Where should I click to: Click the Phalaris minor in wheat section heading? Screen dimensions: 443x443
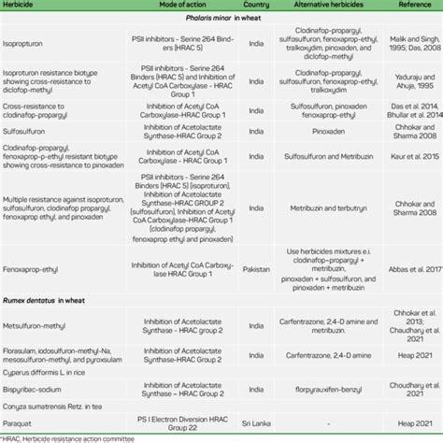(x=207, y=20)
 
